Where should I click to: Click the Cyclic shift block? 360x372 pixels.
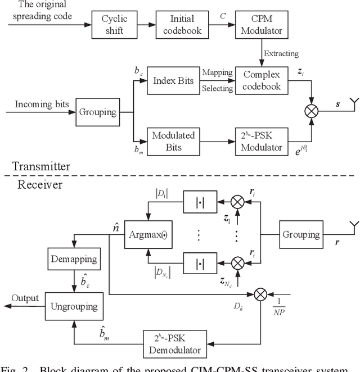(x=115, y=24)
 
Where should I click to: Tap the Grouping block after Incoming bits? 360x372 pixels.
(x=98, y=111)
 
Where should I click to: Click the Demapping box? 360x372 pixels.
(x=74, y=259)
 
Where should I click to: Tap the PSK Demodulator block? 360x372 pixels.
(x=177, y=343)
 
